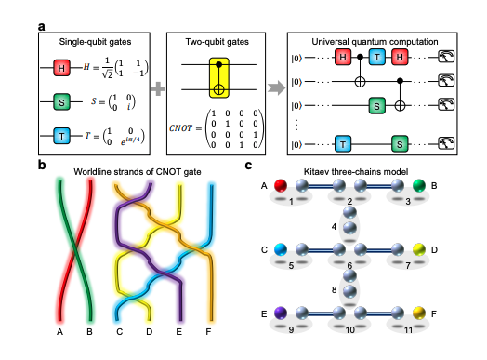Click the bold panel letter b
[43, 167]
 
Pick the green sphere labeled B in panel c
[419, 186]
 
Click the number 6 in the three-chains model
[349, 265]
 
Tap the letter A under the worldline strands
[59, 329]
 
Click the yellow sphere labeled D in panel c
[419, 250]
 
